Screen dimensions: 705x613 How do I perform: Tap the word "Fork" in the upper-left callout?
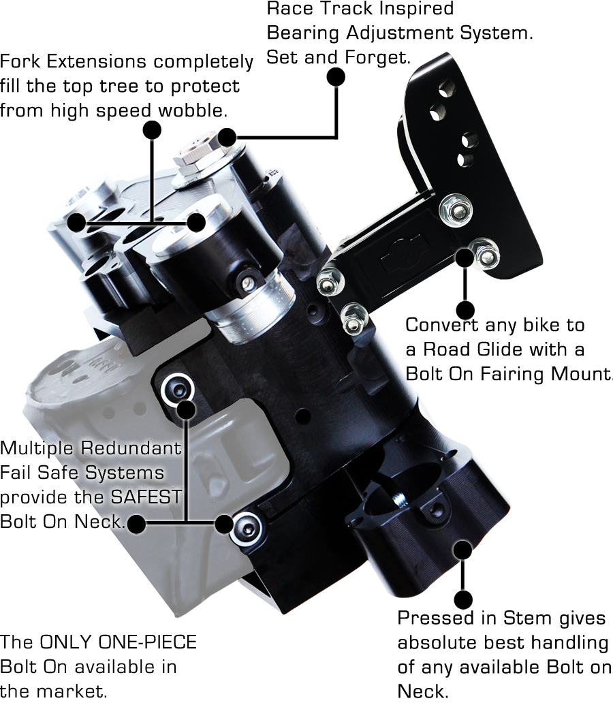tap(21, 62)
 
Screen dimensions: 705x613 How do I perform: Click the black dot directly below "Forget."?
tap(336, 76)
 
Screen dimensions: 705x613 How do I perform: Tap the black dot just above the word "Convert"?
tap(465, 310)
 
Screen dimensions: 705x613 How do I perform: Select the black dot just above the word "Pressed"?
tap(462, 600)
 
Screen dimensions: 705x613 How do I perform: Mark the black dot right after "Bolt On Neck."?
tap(136, 524)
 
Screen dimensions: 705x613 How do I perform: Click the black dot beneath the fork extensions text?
tap(151, 130)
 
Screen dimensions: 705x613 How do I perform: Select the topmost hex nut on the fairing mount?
tap(454, 208)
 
